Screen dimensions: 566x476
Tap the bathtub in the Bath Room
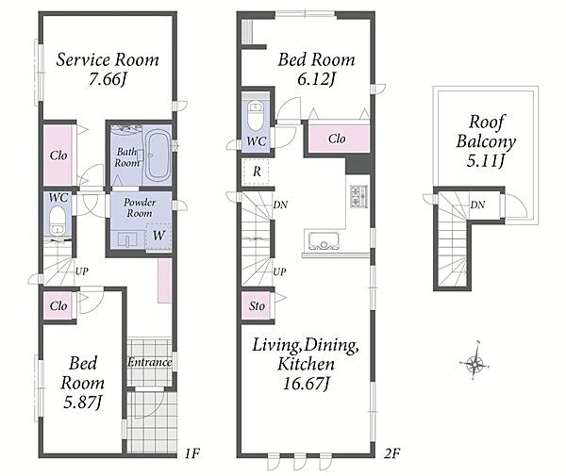tap(158, 156)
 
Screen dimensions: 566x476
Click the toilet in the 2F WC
tap(256, 115)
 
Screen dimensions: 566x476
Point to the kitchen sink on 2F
tap(324, 240)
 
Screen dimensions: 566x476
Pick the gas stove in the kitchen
tap(358, 196)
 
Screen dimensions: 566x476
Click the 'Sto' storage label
tap(257, 306)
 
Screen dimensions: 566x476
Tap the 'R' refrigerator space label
tap(257, 172)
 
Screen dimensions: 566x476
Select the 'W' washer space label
tap(158, 236)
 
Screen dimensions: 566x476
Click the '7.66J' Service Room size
tap(108, 79)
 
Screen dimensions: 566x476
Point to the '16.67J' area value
tap(306, 384)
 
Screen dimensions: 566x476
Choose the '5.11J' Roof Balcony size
tap(485, 160)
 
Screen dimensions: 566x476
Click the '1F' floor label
tap(192, 453)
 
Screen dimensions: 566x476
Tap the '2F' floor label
tap(392, 453)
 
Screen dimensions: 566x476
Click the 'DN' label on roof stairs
tap(477, 205)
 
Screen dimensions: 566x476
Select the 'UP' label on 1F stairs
tap(81, 271)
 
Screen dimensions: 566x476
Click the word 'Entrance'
tap(149, 362)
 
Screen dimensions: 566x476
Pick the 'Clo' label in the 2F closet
tap(337, 139)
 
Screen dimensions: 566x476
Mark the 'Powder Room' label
tap(140, 207)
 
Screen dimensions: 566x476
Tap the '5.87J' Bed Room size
tap(83, 402)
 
